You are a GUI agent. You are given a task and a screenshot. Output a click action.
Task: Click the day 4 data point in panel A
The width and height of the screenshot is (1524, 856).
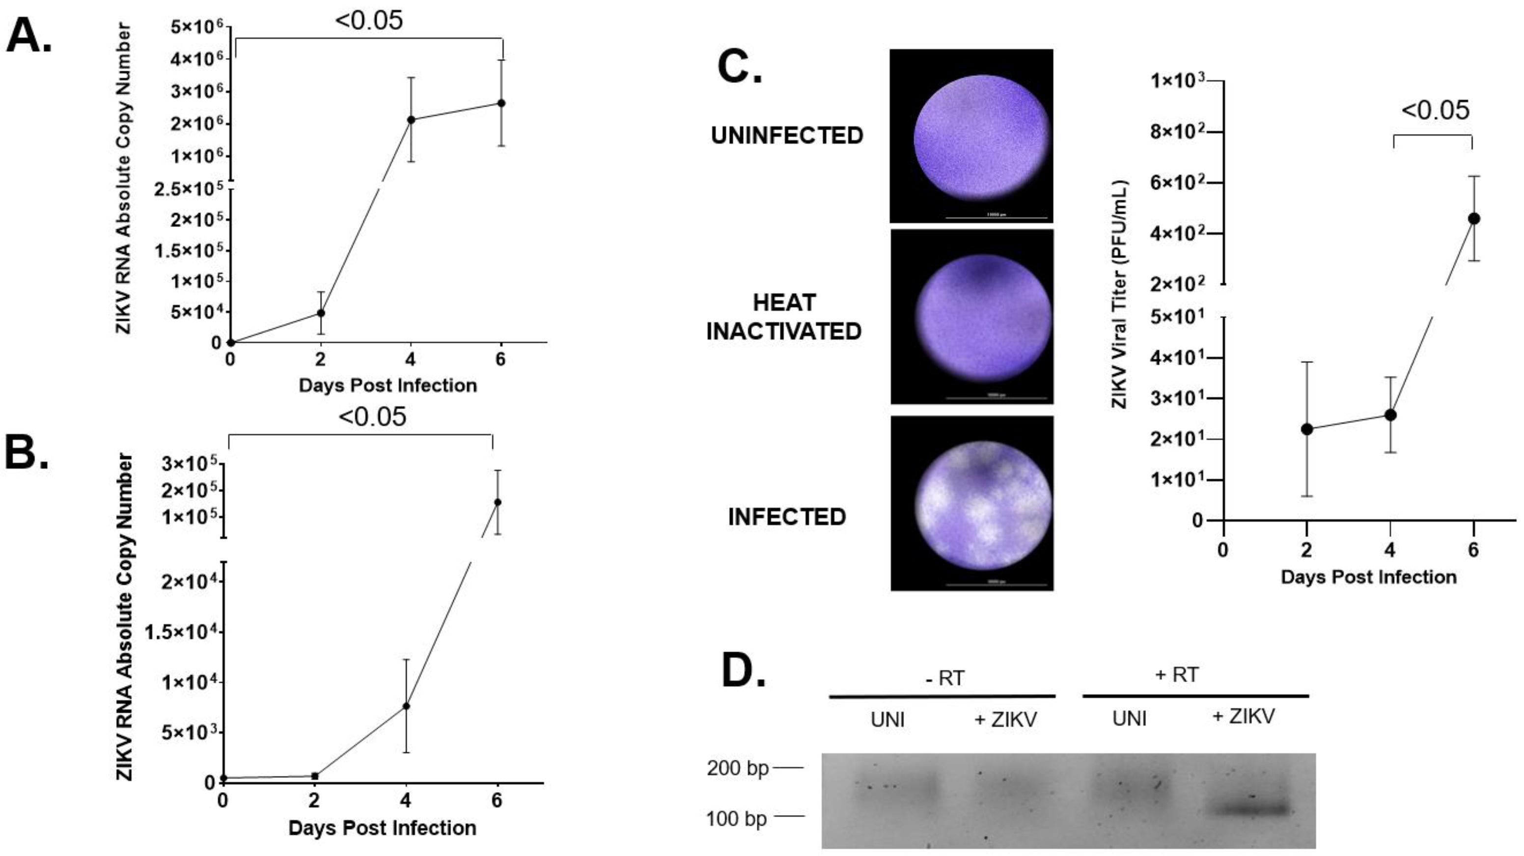(x=411, y=119)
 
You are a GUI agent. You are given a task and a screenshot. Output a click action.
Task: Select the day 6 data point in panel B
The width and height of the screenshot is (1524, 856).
(x=498, y=502)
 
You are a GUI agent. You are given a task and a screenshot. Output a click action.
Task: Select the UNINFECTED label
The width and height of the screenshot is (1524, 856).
(x=787, y=136)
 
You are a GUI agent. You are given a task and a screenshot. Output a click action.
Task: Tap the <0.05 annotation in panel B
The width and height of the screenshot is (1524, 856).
(x=372, y=417)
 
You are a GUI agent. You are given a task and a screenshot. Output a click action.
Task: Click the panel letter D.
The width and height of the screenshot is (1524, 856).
(x=744, y=671)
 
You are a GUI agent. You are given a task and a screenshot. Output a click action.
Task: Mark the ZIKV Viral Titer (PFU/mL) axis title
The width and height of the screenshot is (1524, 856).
(x=1120, y=294)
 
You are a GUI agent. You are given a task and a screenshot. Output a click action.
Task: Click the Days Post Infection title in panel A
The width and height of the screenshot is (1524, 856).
(x=388, y=386)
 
